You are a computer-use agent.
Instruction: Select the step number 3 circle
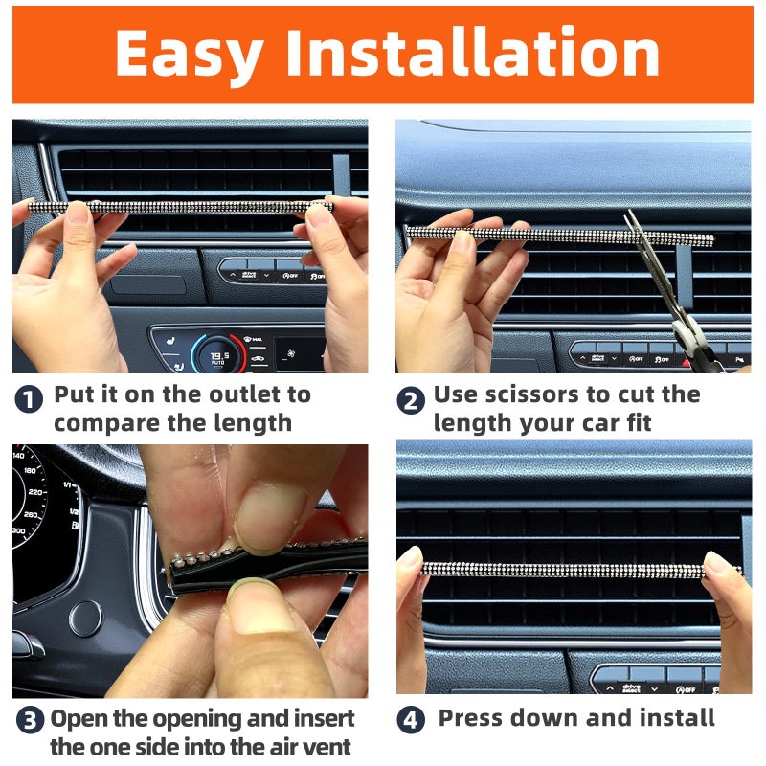pos(29,721)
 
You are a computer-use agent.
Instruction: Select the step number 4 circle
pos(411,720)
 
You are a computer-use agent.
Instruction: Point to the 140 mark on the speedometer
pos(20,457)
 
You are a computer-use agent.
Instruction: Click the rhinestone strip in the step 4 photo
pos(574,570)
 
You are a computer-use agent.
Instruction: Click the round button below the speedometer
pos(85,618)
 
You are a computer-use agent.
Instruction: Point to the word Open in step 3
pos(79,718)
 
